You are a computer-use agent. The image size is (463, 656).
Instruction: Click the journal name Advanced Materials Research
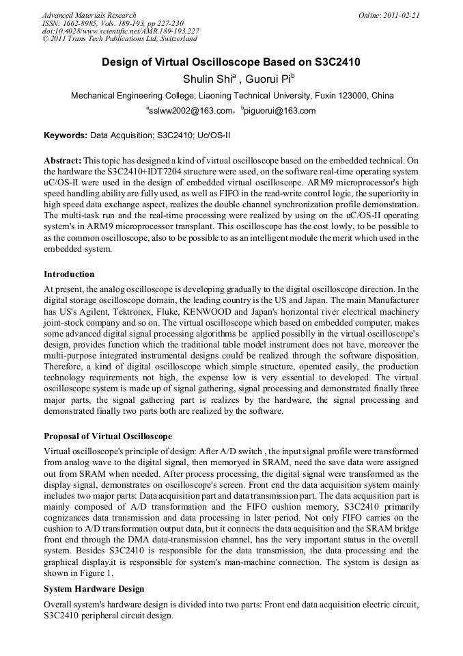point(89,15)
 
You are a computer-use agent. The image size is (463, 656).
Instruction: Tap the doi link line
point(120,31)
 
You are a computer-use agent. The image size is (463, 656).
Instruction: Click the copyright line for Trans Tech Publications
point(119,40)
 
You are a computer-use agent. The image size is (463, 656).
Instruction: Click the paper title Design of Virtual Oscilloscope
point(231,62)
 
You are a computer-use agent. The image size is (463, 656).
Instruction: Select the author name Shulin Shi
point(207,79)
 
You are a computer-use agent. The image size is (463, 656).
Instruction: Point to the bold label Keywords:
point(65,135)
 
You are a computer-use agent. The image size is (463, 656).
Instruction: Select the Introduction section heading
point(69,274)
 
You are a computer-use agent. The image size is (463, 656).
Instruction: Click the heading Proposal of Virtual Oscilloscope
point(108,436)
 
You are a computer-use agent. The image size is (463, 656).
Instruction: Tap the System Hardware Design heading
point(94,588)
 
